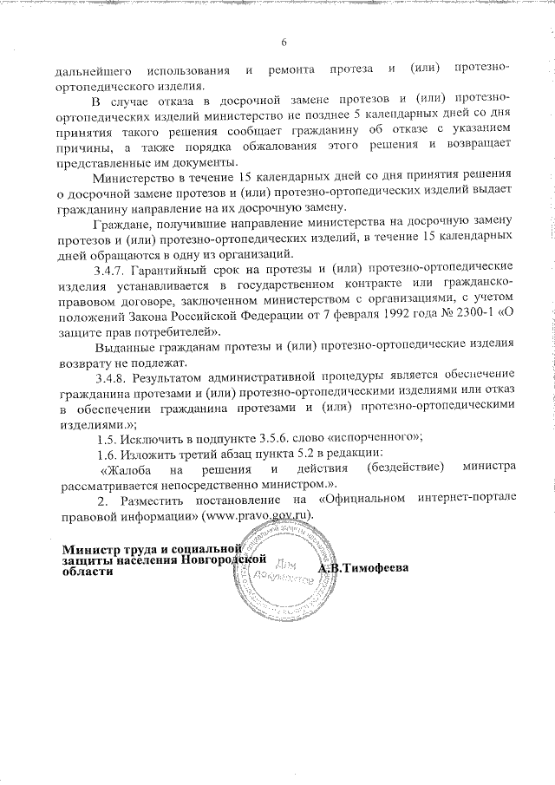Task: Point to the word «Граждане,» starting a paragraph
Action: coord(127,226)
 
